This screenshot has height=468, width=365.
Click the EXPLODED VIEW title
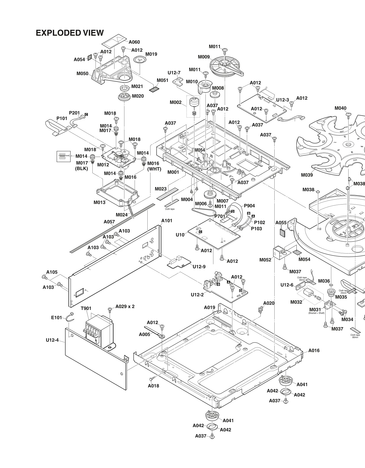(70, 33)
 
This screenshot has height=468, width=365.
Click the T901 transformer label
(86, 309)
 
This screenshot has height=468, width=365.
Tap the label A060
(134, 42)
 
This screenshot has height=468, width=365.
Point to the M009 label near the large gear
(204, 57)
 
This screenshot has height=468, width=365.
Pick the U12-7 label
(174, 73)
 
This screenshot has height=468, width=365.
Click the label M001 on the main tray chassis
(173, 172)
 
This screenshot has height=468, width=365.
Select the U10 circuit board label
(180, 235)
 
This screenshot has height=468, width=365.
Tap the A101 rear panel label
(167, 221)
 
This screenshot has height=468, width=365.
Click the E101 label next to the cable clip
(56, 318)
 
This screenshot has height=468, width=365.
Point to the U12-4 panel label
(52, 340)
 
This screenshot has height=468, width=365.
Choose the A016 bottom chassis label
(314, 350)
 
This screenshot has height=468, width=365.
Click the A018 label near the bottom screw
(153, 386)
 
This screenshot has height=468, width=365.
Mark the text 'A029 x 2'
(125, 307)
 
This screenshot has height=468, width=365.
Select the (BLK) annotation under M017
(82, 168)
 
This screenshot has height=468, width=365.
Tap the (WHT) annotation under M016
(154, 169)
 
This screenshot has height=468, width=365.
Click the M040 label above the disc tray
(340, 108)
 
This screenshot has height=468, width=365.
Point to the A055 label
(281, 223)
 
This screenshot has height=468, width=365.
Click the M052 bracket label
(265, 260)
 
